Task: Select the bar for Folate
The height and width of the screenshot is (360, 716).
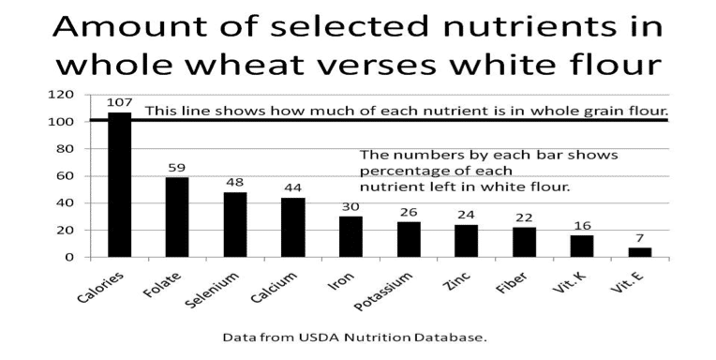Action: pyautogui.click(x=177, y=217)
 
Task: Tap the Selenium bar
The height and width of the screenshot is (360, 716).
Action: pyautogui.click(x=235, y=224)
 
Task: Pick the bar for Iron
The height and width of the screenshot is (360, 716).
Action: pyautogui.click(x=351, y=236)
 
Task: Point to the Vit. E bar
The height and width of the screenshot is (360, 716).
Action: pyautogui.click(x=640, y=252)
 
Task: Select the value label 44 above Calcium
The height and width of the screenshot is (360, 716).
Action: pyautogui.click(x=292, y=187)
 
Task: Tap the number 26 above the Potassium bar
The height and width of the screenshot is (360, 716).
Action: pyautogui.click(x=409, y=212)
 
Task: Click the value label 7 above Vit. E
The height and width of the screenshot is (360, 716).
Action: pyautogui.click(x=640, y=238)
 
